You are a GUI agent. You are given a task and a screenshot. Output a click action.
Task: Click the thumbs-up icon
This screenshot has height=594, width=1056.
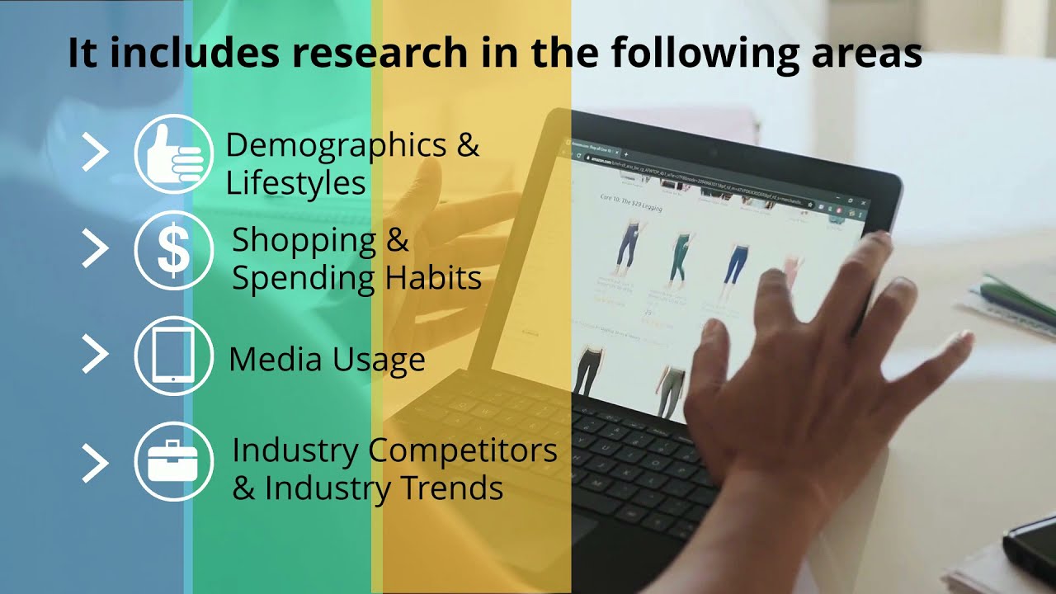pyautogui.click(x=174, y=154)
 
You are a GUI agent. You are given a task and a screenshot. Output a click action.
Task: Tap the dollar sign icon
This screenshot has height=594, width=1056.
pyautogui.click(x=174, y=250)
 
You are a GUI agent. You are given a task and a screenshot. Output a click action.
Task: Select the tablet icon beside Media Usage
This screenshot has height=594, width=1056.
pyautogui.click(x=174, y=356)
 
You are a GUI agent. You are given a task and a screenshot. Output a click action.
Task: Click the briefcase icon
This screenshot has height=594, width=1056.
pyautogui.click(x=174, y=461)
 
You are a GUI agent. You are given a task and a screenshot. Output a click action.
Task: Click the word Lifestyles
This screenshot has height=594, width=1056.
pyautogui.click(x=295, y=183)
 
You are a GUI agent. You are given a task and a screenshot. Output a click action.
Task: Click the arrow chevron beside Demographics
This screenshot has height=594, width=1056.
pyautogui.click(x=95, y=153)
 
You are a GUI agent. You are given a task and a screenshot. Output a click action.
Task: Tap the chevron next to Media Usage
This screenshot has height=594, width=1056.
pyautogui.click(x=95, y=355)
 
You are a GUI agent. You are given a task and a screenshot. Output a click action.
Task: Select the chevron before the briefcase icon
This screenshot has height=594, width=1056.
pyautogui.click(x=95, y=463)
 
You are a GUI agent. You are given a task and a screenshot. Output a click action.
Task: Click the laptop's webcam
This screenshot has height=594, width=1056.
pyautogui.click(x=713, y=154)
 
